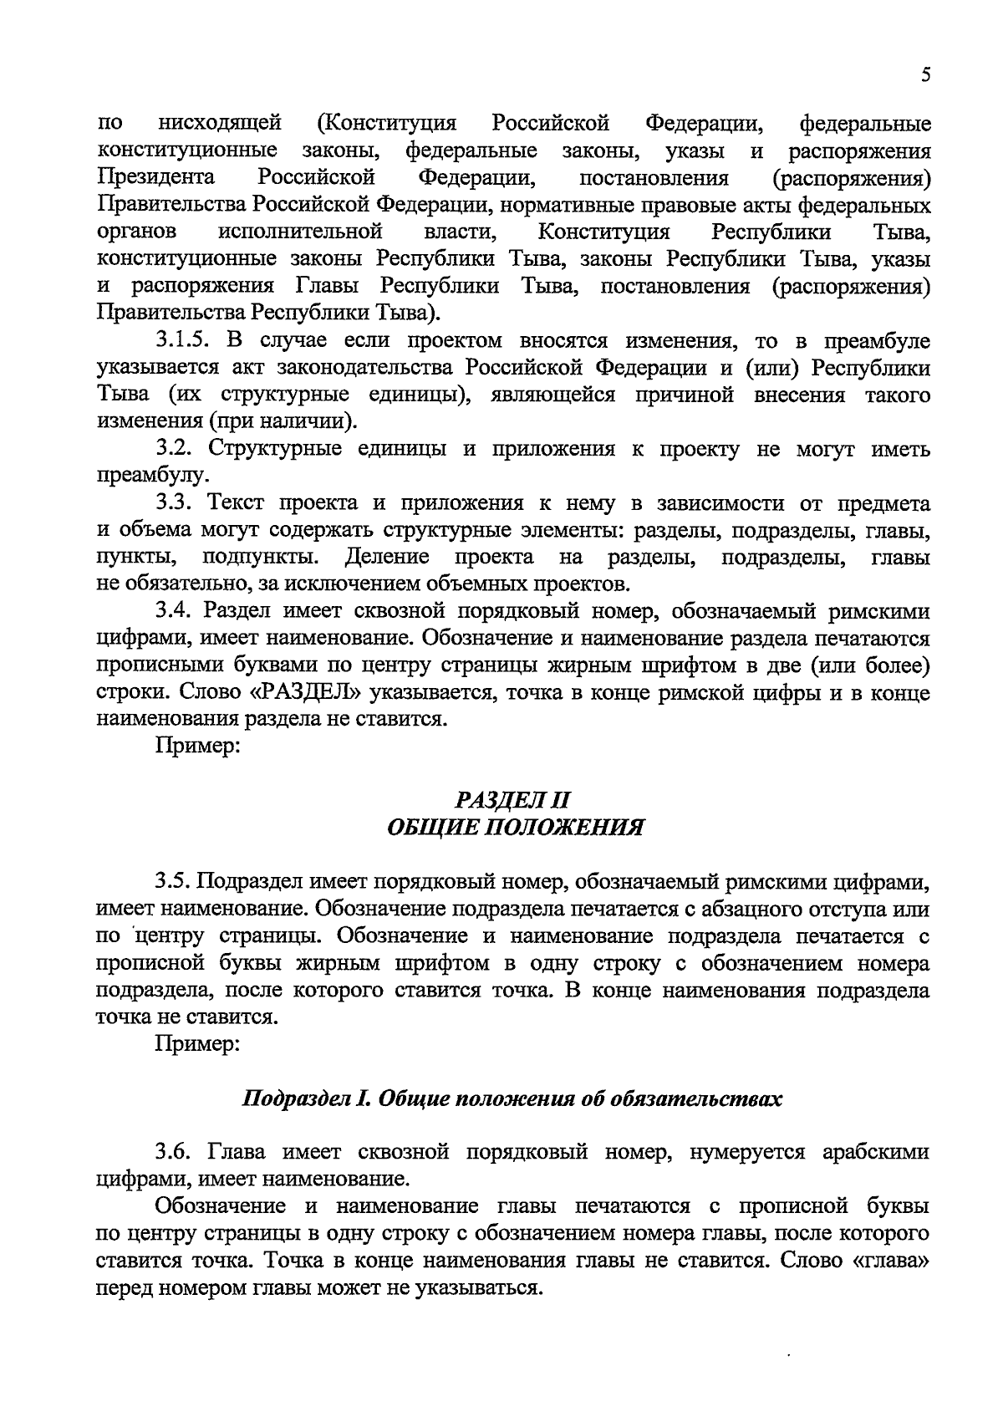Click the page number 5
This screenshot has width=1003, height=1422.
click(x=925, y=75)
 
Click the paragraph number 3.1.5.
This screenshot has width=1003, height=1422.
click(x=186, y=341)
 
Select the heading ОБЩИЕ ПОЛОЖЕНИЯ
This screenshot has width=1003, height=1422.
click(x=515, y=828)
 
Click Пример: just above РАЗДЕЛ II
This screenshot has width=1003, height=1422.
click(x=198, y=747)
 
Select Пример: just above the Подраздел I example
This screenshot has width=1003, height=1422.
click(x=198, y=1044)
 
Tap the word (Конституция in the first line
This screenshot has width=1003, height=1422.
click(x=387, y=125)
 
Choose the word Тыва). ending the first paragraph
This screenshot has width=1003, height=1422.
click(x=405, y=313)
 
